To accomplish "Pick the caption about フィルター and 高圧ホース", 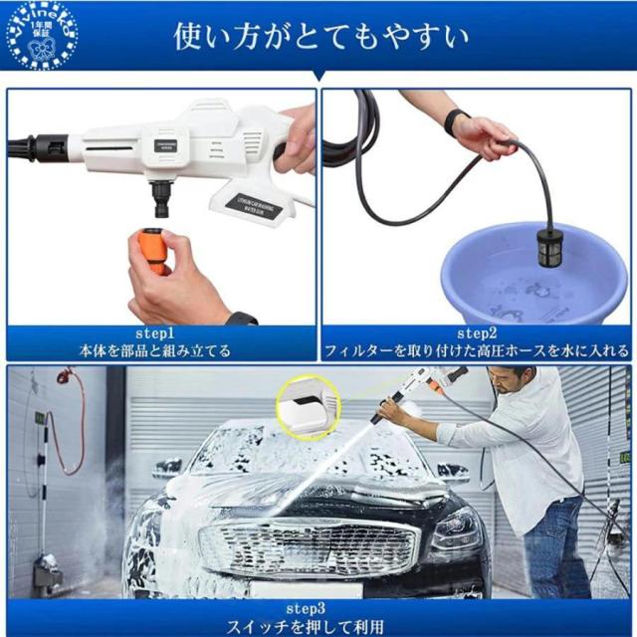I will [476, 350].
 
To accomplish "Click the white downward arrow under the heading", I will [318, 78].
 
